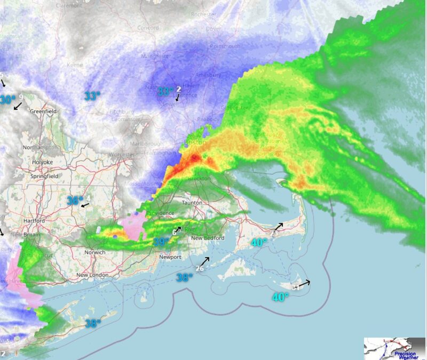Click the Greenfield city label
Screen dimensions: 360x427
pyautogui.click(x=44, y=111)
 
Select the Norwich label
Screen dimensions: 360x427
pyautogui.click(x=94, y=252)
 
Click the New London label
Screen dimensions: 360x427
pyautogui.click(x=92, y=275)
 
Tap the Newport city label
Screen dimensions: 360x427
pyautogui.click(x=170, y=257)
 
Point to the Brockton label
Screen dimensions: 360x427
pyautogui.click(x=199, y=179)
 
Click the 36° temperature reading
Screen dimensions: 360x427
pyautogui.click(x=74, y=201)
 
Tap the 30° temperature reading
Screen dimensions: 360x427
pyautogui.click(x=7, y=100)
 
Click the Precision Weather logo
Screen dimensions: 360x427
pyautogui.click(x=394, y=348)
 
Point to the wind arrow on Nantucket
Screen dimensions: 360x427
pyautogui.click(x=303, y=284)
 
